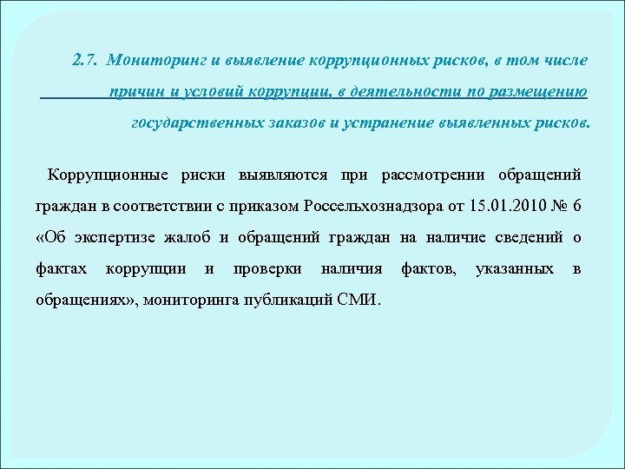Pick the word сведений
click(531, 237)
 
